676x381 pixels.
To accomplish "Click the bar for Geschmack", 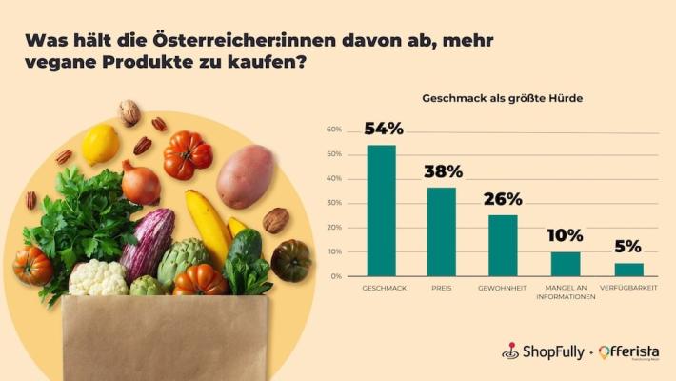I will (x=381, y=211).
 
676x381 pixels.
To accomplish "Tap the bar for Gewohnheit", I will (x=503, y=245).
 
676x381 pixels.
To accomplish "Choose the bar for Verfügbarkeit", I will (x=628, y=270).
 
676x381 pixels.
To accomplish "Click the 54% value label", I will (x=383, y=129).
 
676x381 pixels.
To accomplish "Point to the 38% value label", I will (x=442, y=171).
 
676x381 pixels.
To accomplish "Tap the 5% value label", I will (x=627, y=247).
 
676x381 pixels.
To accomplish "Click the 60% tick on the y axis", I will (x=333, y=130).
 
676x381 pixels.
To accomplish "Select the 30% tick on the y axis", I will (x=333, y=203).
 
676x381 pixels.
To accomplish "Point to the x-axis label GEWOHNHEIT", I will (x=503, y=288).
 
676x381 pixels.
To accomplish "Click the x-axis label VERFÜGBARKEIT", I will (x=628, y=288).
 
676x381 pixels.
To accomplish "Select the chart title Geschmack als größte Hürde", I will (x=502, y=98).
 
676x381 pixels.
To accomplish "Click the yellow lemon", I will (x=100, y=144).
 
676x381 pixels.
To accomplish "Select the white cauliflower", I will (x=98, y=278).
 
